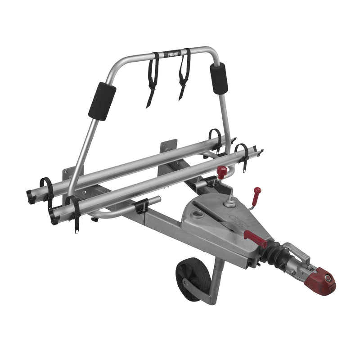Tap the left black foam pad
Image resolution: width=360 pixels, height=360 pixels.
coord(102,101)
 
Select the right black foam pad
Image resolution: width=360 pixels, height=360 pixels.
coord(219,78)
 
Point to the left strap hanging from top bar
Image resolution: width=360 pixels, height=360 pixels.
coord(153,79)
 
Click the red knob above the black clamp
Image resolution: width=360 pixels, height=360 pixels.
coord(222,171)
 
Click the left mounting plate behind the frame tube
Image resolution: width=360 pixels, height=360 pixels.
coord(69,173)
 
